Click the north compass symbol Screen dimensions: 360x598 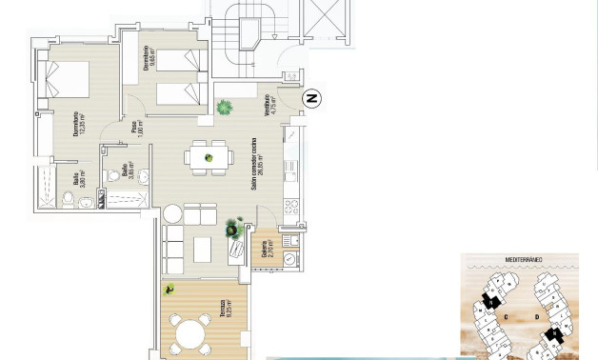tap(311, 98)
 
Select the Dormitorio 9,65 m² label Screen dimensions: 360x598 tap(148, 58)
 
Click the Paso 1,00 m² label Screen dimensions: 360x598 tap(136, 129)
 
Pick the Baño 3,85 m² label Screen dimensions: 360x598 tap(127, 172)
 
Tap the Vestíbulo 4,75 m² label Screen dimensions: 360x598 tap(270, 105)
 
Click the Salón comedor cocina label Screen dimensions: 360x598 tap(257, 164)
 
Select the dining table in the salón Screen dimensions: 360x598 tap(209, 157)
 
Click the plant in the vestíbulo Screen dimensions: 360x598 tap(225, 107)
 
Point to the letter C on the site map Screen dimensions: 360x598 tap(506, 317)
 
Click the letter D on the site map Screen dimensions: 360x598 tap(536, 317)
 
